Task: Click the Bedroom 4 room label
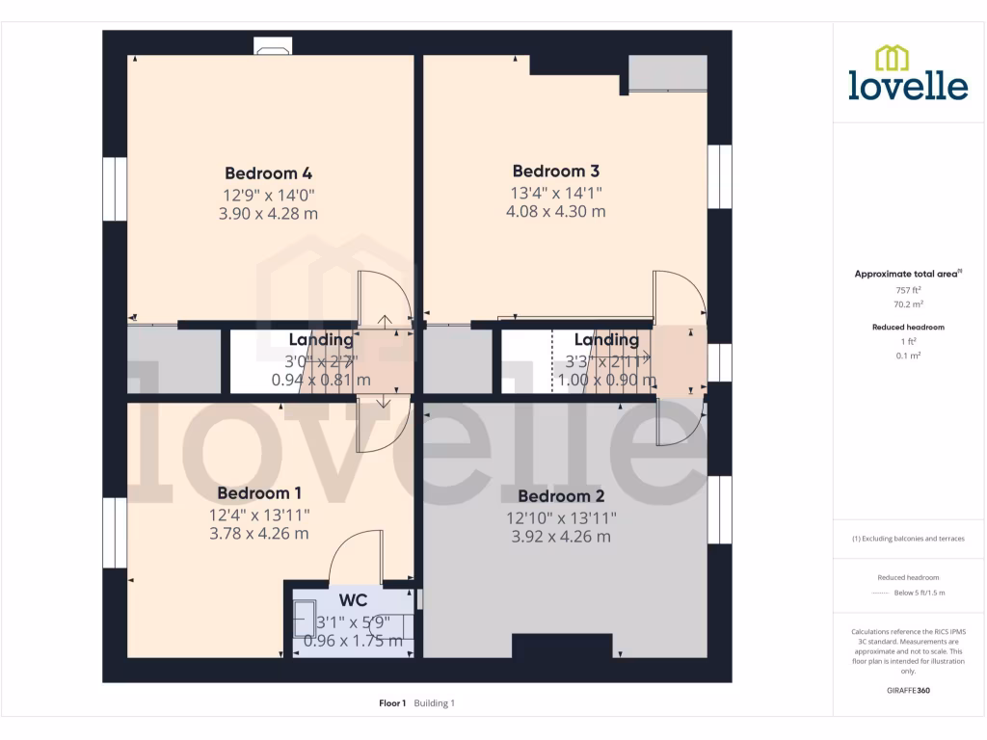[x=268, y=173]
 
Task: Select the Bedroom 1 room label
[x=259, y=493]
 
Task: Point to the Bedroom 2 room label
[x=561, y=496]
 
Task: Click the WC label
[x=354, y=600]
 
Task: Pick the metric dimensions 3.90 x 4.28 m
[x=268, y=214]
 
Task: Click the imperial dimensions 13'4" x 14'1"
[x=556, y=192]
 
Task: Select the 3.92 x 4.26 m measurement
[x=561, y=537]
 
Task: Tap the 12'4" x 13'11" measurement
[x=259, y=514]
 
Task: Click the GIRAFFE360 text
[x=908, y=690]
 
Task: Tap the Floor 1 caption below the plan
[x=392, y=703]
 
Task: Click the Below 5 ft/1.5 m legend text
[x=920, y=593]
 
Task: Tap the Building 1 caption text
[x=435, y=703]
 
